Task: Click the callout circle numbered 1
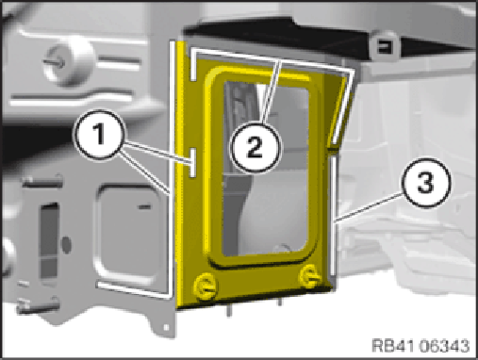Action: point(100,135)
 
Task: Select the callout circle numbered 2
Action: point(255,147)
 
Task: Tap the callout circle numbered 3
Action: point(426,183)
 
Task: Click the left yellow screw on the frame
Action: point(205,286)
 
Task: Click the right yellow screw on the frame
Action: point(309,276)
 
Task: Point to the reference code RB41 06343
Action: point(420,346)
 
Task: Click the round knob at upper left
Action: point(69,61)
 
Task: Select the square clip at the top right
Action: point(384,46)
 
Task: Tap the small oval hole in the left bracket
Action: point(66,245)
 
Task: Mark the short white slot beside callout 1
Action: point(193,162)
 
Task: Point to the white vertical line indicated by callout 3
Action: point(334,216)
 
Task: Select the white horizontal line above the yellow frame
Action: point(272,60)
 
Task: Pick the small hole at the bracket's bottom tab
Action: point(167,328)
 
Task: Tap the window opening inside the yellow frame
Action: point(265,169)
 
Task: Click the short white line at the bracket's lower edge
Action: point(135,289)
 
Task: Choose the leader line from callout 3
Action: point(369,207)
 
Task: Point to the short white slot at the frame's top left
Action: point(193,64)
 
